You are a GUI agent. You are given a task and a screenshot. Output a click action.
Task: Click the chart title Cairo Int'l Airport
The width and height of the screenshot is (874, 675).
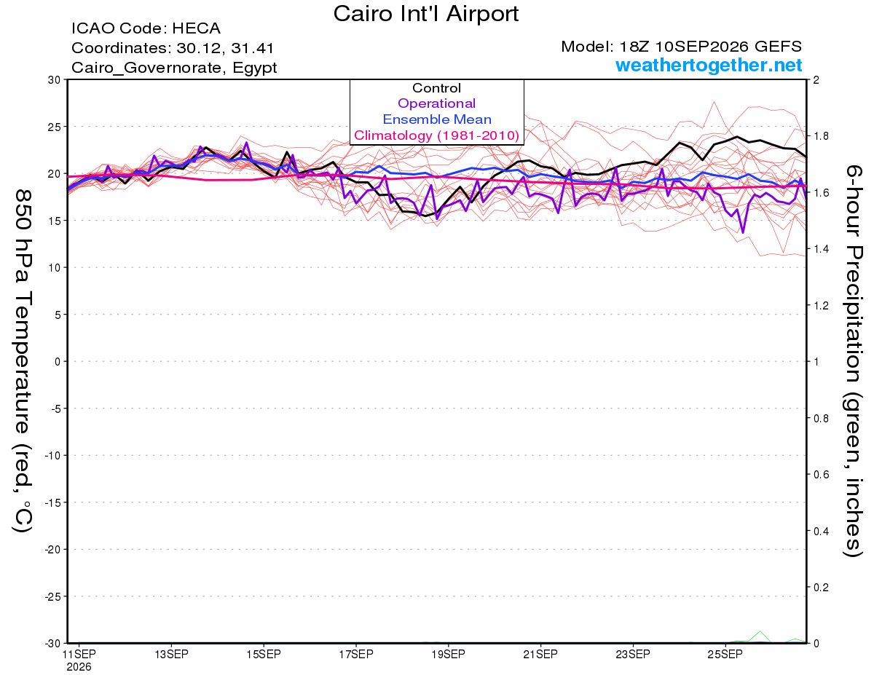click(x=426, y=14)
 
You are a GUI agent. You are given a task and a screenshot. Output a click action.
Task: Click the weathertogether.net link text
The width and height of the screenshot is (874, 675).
click(x=709, y=65)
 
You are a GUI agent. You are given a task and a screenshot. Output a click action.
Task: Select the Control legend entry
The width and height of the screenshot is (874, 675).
click(x=436, y=87)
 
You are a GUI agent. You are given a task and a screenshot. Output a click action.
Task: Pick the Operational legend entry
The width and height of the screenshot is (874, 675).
click(x=436, y=103)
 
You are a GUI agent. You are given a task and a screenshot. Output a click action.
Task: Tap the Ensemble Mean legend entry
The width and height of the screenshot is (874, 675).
click(x=437, y=119)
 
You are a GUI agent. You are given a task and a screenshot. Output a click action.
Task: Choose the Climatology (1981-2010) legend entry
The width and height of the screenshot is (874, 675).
click(x=436, y=135)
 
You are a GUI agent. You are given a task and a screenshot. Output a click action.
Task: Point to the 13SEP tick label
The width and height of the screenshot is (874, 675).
click(x=171, y=655)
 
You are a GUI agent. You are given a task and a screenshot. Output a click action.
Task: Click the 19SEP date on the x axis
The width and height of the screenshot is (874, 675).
click(x=448, y=655)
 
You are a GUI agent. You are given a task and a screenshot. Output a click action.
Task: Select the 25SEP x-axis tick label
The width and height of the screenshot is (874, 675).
click(x=725, y=655)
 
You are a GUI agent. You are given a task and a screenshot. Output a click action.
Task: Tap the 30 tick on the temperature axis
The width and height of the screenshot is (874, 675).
click(x=54, y=80)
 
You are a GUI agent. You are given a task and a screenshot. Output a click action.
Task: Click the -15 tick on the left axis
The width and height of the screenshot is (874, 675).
click(x=52, y=502)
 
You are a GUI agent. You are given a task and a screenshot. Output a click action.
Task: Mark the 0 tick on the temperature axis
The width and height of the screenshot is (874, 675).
click(x=58, y=362)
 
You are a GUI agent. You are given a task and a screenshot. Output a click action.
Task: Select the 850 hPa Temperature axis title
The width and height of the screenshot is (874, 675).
click(x=23, y=361)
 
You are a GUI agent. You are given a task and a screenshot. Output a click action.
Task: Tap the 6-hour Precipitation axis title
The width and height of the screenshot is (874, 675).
click(x=853, y=360)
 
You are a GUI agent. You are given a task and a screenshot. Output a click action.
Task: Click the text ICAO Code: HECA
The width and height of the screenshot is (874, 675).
click(x=146, y=28)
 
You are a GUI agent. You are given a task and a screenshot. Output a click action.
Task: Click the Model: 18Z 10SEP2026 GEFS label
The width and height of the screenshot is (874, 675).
click(x=681, y=47)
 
